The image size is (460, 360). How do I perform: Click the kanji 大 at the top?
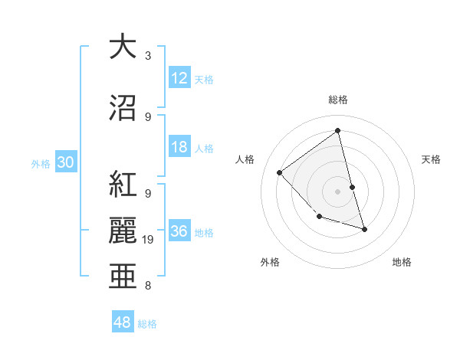coord(122,47)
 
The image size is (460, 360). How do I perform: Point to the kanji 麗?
coord(122,231)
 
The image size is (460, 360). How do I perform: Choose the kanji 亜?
coord(122,277)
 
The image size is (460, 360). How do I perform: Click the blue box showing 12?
coord(179,79)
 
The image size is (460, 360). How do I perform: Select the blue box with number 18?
coord(179,148)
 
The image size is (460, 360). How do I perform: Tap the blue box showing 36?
coord(179,232)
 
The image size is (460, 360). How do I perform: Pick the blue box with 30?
coord(65,163)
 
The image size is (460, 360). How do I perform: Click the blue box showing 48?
coord(123,322)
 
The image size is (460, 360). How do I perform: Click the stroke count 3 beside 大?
coord(148,56)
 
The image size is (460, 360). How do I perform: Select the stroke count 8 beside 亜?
coord(148,286)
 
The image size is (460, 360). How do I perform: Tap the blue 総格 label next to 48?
coord(147,324)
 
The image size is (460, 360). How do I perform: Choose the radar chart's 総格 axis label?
coord(337,100)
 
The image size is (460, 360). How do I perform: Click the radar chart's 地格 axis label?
coord(402,262)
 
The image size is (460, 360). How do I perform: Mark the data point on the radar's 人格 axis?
coord(280,172)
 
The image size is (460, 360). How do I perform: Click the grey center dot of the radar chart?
coord(337,191)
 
